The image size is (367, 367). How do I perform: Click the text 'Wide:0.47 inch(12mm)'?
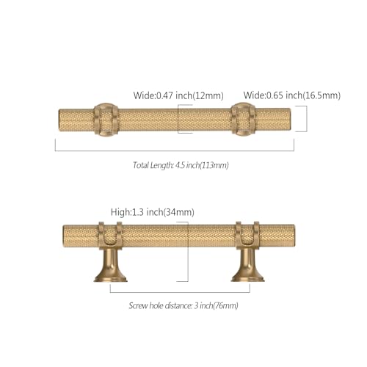pyautogui.click(x=178, y=95)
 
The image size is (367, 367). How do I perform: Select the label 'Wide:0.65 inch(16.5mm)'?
pyautogui.click(x=292, y=95)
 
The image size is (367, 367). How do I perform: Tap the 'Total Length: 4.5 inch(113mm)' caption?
pyautogui.click(x=181, y=165)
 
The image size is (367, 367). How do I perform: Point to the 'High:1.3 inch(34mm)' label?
pyautogui.click(x=153, y=212)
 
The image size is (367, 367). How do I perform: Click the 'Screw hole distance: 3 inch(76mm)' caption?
pyautogui.click(x=183, y=305)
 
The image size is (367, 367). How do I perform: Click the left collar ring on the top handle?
pyautogui.click(x=106, y=120)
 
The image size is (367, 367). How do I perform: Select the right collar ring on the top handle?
pyautogui.click(x=243, y=120)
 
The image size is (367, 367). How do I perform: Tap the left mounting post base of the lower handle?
pyautogui.click(x=110, y=266)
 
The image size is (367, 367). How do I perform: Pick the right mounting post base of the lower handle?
pyautogui.click(x=247, y=266)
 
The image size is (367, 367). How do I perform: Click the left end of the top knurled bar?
pyautogui.click(x=59, y=120)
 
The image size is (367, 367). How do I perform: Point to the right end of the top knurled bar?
pyautogui.click(x=290, y=120)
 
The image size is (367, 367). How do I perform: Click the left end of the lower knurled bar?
pyautogui.click(x=64, y=236)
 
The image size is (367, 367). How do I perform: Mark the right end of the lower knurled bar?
pyautogui.click(x=294, y=236)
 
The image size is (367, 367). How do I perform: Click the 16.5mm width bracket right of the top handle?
pyautogui.click(x=307, y=119)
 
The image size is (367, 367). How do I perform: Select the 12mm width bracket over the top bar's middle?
pyautogui.click(x=178, y=119)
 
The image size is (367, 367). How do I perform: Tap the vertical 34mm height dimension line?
pyautogui.click(x=188, y=252)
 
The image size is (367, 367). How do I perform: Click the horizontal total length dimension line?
pyautogui.click(x=175, y=150)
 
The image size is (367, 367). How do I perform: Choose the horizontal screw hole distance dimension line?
pyautogui.click(x=180, y=292)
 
